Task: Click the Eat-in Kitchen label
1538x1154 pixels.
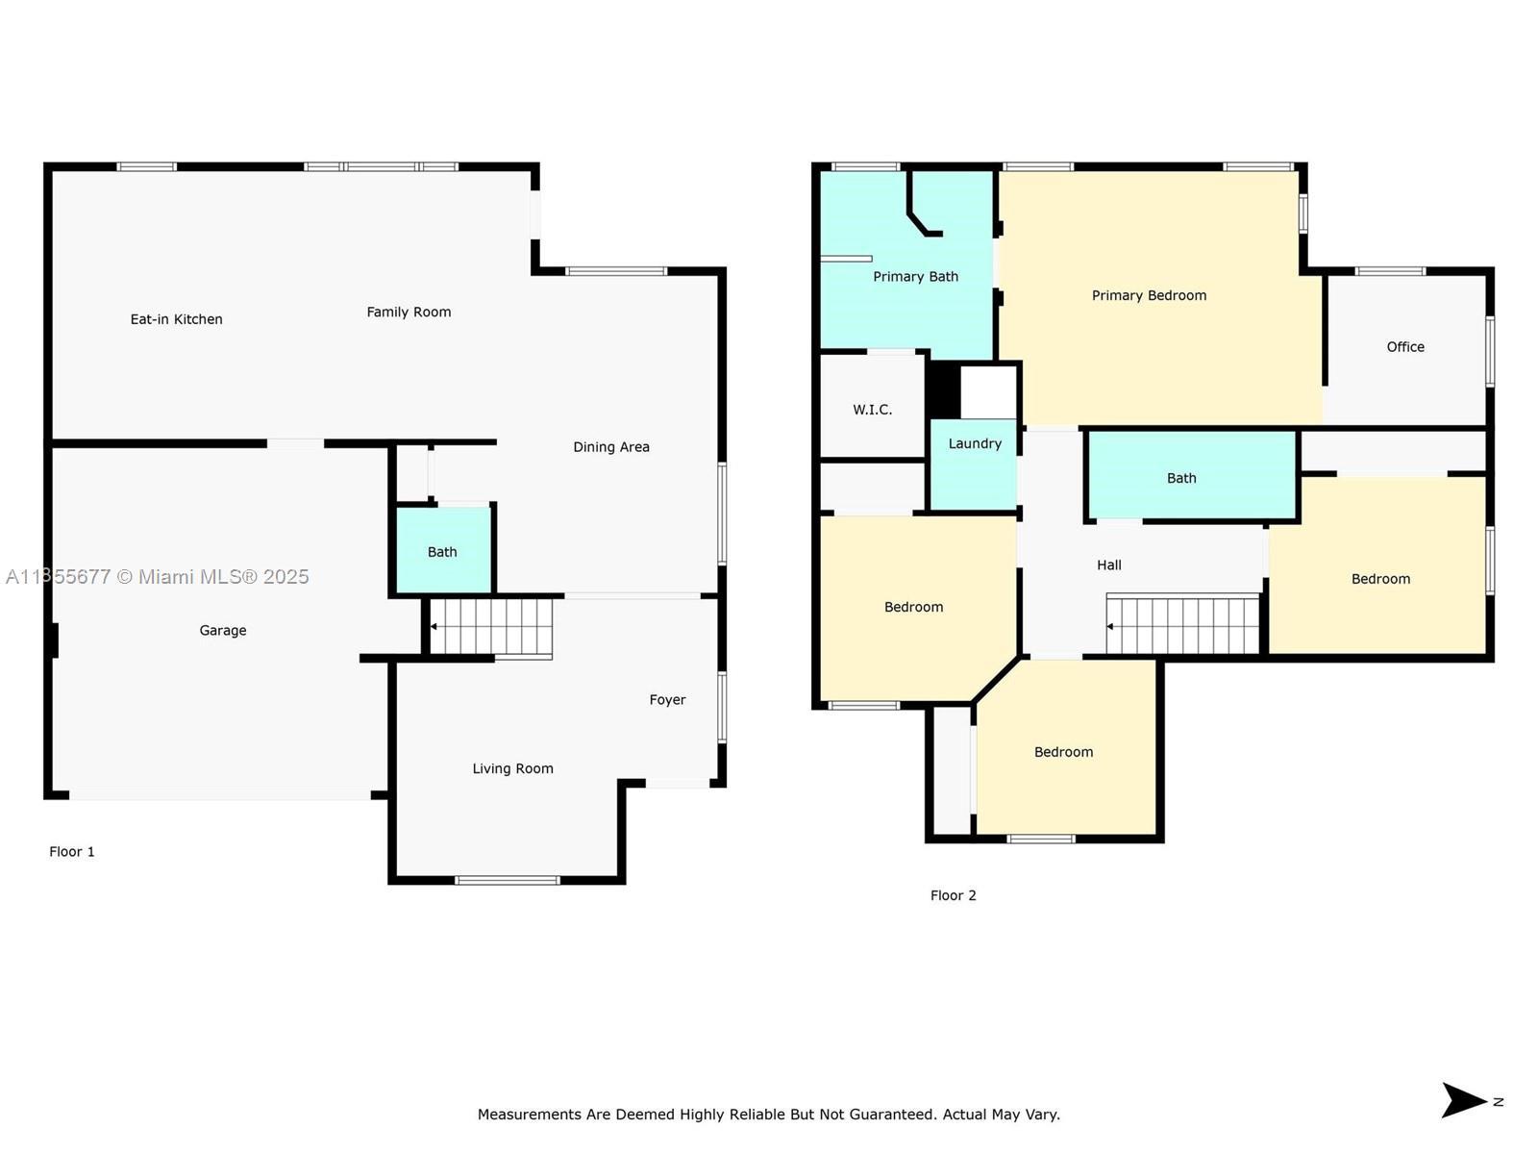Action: point(177,319)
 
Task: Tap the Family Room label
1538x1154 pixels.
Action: point(409,312)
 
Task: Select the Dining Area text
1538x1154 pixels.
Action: point(611,447)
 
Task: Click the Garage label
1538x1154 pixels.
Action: point(223,631)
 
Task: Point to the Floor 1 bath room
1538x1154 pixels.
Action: point(443,550)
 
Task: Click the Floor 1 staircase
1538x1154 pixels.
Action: point(491,628)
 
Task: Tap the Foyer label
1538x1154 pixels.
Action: point(667,700)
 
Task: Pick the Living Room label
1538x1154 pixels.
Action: point(513,768)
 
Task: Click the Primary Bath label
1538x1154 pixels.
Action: point(916,277)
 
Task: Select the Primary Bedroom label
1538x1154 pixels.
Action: point(1149,295)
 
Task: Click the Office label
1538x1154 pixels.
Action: point(1405,347)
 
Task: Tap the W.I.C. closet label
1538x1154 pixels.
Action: point(873,410)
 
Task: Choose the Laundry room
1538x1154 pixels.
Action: point(973,464)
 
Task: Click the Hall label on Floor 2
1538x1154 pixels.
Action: point(1109,565)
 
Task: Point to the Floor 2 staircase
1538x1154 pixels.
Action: point(1182,623)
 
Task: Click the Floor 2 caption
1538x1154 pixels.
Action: point(953,895)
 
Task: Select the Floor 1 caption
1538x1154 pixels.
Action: point(71,852)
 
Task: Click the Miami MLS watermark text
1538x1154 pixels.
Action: point(157,577)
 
